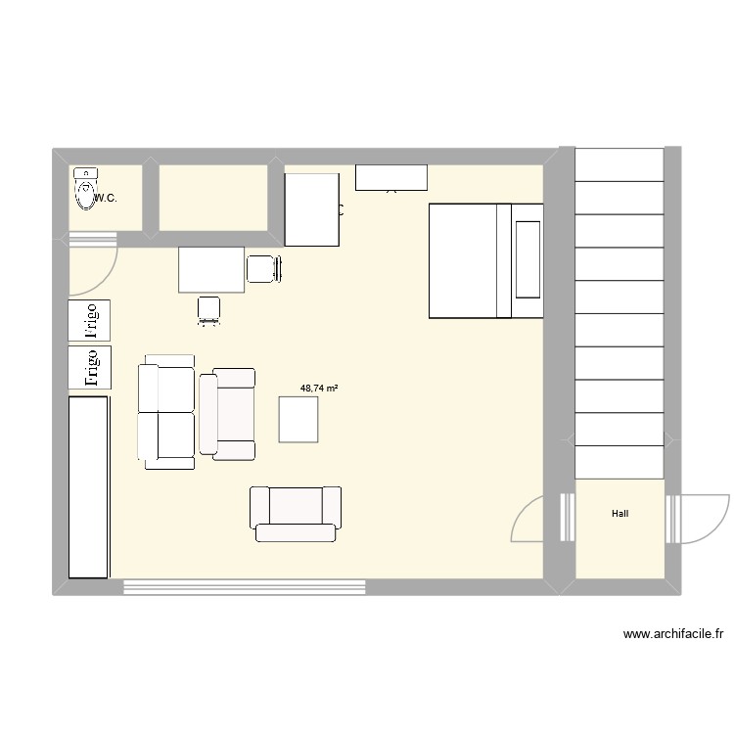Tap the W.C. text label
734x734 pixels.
coord(107,199)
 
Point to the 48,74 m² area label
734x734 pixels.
coord(319,389)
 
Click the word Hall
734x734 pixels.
coord(620,513)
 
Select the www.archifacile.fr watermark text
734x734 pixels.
coord(673,634)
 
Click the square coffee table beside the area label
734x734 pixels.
coord(299,419)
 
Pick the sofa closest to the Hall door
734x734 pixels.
coord(296,512)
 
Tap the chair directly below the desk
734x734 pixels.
coord(209,309)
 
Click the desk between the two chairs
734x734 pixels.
coord(211,269)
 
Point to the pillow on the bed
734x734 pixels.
coord(528,259)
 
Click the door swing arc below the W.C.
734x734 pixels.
coord(94,264)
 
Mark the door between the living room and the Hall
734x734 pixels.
coord(533,519)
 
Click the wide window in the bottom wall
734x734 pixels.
coord(245,587)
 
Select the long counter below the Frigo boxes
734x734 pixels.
coord(88,486)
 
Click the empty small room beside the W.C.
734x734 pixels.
coord(213,198)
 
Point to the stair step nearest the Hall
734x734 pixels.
coord(619,463)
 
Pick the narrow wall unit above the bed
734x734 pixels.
coord(390,177)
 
